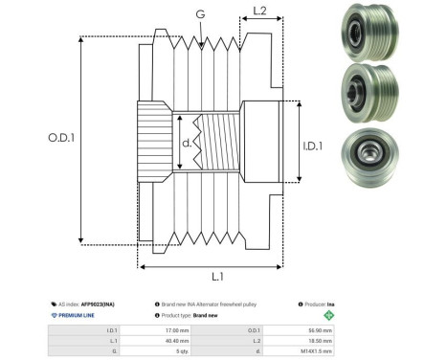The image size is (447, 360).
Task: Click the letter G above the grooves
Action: [199, 14]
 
